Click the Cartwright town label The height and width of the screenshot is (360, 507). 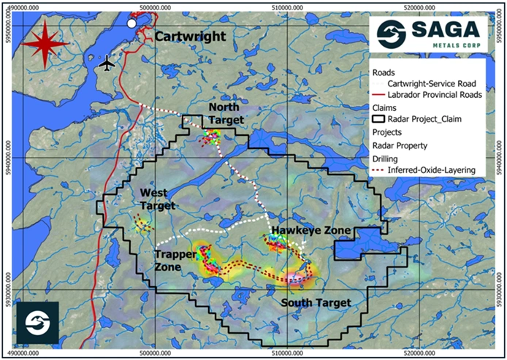click(189, 37)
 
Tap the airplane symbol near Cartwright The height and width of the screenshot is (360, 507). click(108, 64)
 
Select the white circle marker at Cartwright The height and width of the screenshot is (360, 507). click(131, 23)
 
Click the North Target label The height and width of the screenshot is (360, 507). click(223, 114)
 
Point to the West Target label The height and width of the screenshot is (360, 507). click(158, 199)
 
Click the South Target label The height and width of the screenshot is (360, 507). click(318, 302)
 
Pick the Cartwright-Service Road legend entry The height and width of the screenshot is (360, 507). click(434, 84)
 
